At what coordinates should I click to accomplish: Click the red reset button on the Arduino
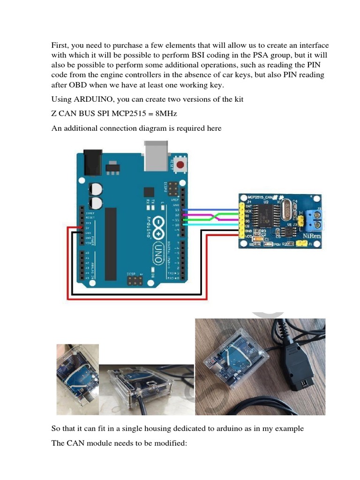pyautogui.click(x=181, y=164)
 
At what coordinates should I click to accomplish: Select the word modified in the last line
pyautogui.click(x=166, y=442)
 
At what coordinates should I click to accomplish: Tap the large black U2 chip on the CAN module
pyautogui.click(x=264, y=217)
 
